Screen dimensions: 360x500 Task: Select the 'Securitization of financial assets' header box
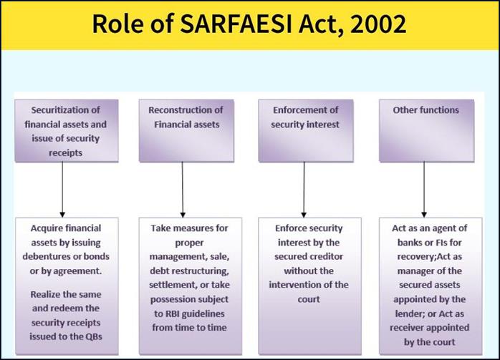pos(65,131)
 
